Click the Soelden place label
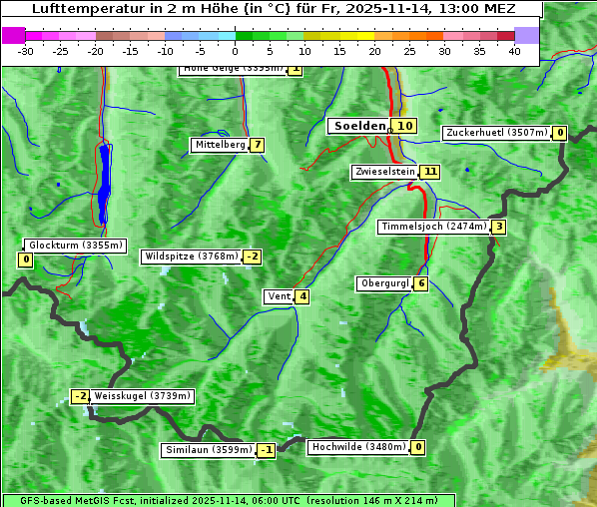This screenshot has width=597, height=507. point(358,126)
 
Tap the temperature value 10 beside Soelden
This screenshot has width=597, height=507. point(404,126)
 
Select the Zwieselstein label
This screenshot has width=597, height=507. point(384,172)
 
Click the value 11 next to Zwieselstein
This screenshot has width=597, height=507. point(430,172)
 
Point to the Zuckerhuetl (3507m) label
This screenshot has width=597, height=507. point(497,133)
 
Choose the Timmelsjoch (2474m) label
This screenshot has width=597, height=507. point(433,227)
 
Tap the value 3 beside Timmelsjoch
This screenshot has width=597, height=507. point(498,227)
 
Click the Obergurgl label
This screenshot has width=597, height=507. point(384,283)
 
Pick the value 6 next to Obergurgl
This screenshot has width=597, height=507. point(421,283)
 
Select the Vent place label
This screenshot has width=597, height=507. point(278,296)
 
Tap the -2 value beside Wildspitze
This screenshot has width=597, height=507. point(252,256)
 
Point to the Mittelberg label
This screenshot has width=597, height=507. point(220,145)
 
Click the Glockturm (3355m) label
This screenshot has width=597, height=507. point(76,246)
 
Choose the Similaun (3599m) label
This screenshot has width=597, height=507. point(208,450)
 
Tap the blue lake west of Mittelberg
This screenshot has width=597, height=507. point(105,180)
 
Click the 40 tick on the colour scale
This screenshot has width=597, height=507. point(514,51)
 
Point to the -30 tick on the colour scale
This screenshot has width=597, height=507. point(26,51)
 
